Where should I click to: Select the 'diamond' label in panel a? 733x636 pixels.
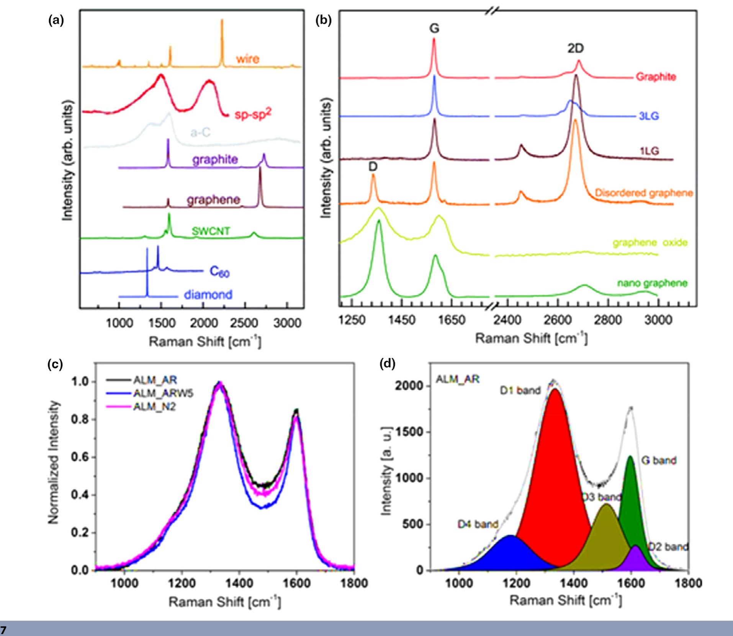208,295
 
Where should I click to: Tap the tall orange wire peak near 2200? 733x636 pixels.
222,42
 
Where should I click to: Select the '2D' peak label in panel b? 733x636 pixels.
575,49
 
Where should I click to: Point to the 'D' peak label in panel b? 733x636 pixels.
373,167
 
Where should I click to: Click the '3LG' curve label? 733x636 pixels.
649,116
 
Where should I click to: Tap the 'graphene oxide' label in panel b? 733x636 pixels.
650,242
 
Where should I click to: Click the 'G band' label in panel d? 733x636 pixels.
658,460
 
